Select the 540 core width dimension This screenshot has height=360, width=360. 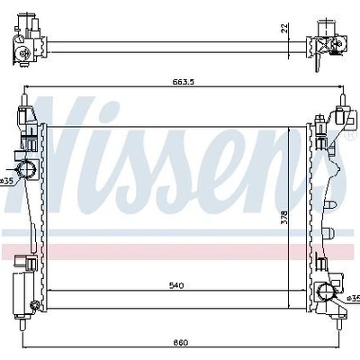tap(176, 285)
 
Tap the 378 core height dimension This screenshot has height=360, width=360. tap(284, 217)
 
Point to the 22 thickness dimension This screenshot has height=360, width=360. tap(284, 28)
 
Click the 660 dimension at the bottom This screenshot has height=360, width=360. tap(180, 342)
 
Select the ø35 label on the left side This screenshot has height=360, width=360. tap(6, 181)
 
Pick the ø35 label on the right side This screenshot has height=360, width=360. tap(354, 298)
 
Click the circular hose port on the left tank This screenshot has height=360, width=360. tap(26, 168)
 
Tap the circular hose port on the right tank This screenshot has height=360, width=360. tap(327, 292)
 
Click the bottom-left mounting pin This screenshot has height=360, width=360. tap(22, 324)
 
